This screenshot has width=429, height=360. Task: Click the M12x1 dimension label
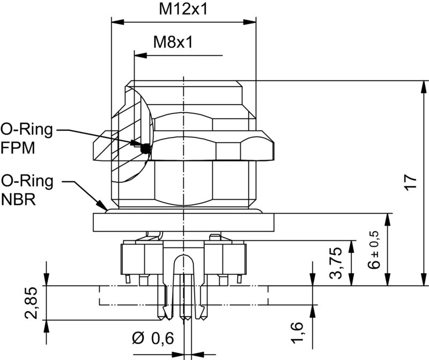[x=183, y=9]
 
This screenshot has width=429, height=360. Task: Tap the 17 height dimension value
[x=410, y=182]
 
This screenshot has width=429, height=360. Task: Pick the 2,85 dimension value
[x=32, y=303]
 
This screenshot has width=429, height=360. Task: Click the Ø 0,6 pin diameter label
[x=154, y=339]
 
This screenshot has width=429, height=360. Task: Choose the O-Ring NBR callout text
[x=27, y=190]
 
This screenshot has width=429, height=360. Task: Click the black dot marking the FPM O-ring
[x=144, y=150]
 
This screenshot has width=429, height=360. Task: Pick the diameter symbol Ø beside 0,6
[x=137, y=339]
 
